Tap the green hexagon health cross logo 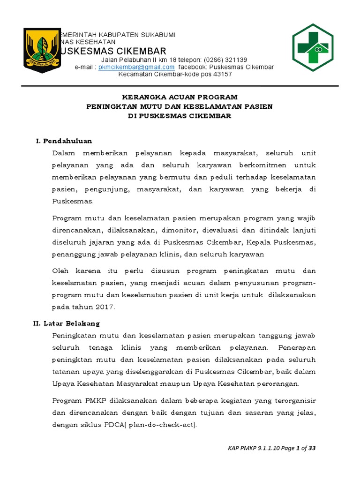(x=313, y=47)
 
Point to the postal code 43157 (x=223, y=74)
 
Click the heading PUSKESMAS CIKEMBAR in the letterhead (x=112, y=51)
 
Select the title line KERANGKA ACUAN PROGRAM (x=180, y=97)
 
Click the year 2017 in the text (x=104, y=307)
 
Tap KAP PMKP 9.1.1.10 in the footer (x=251, y=449)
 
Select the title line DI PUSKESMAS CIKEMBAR (x=180, y=116)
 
